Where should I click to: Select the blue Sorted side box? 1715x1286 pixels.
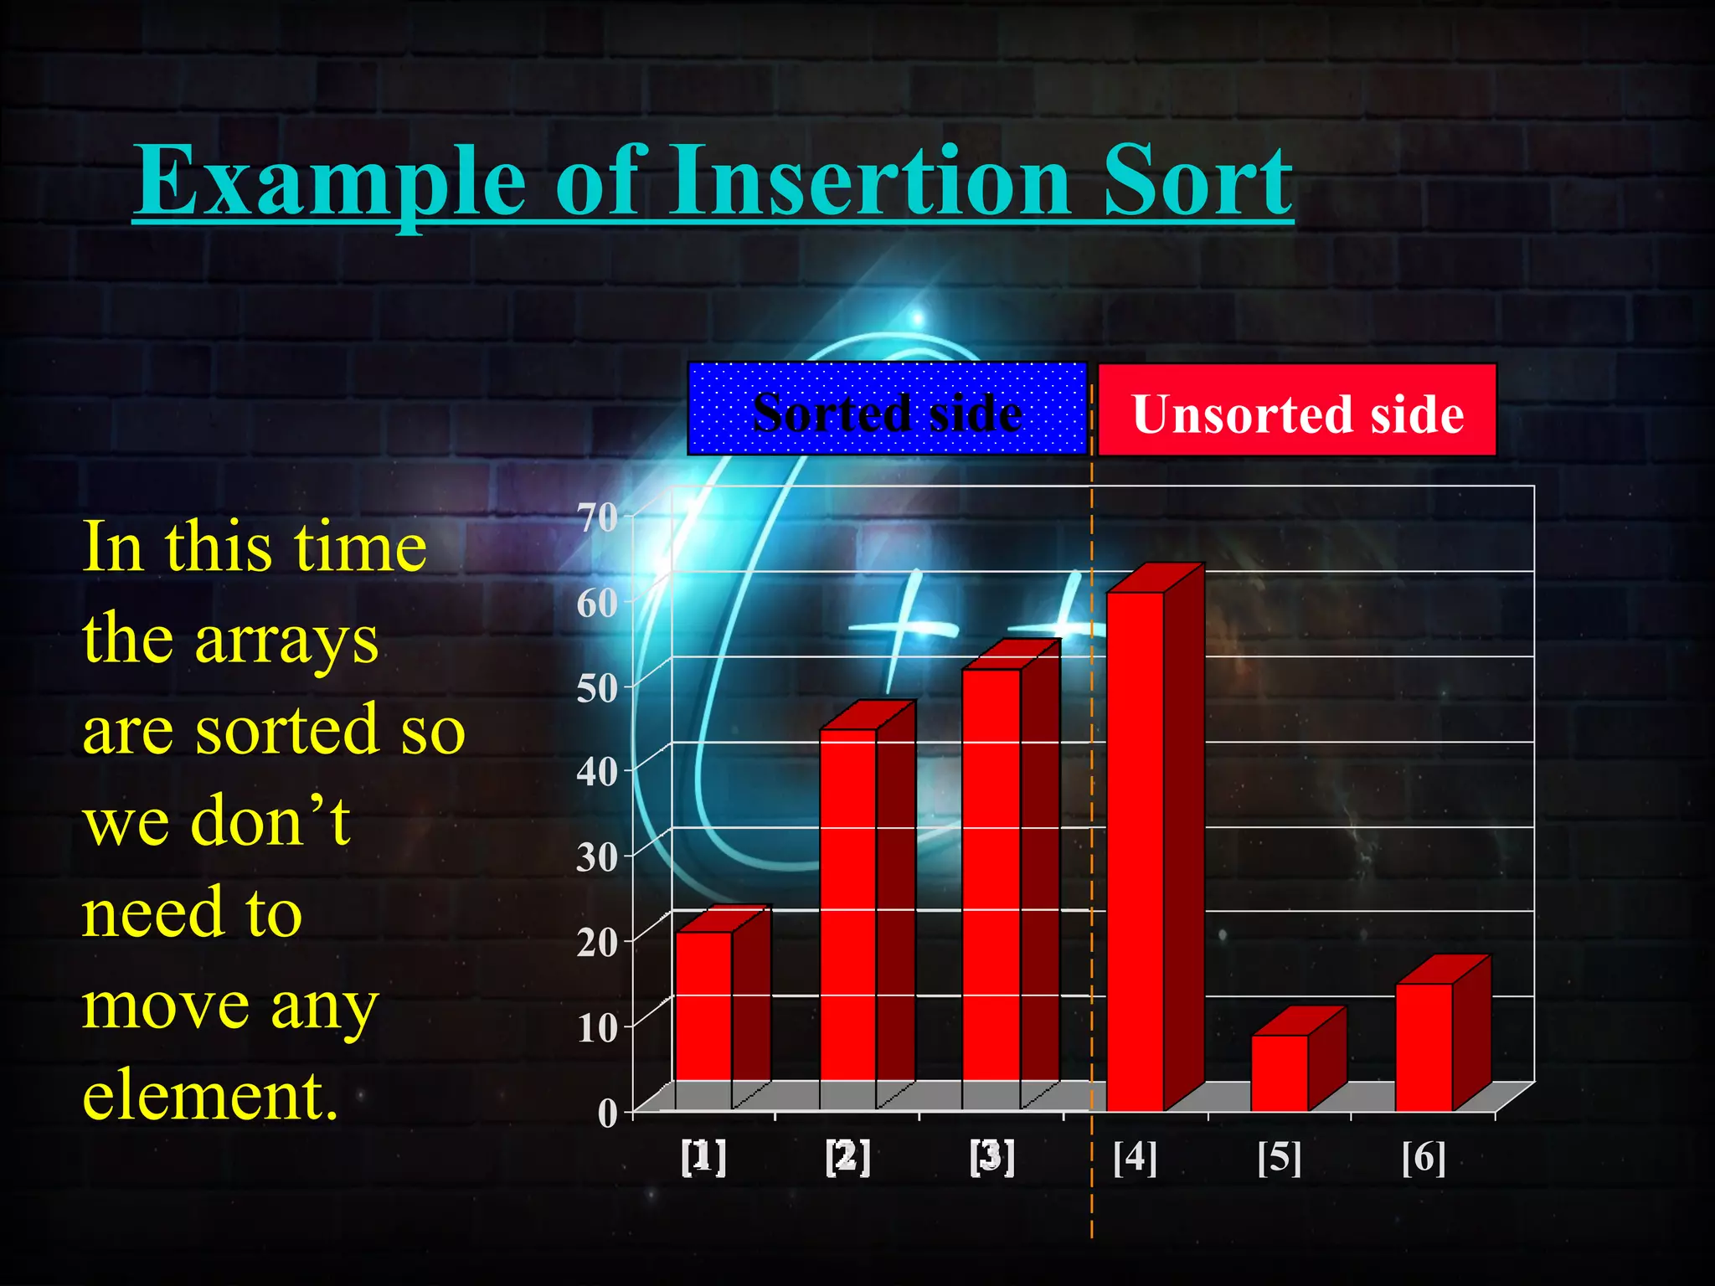tap(887, 409)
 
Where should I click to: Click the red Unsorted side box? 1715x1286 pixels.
tap(1296, 410)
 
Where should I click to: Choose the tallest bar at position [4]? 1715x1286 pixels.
tap(1136, 846)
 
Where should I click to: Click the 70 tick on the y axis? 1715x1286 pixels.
tap(598, 517)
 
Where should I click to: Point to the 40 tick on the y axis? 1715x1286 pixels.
tap(598, 772)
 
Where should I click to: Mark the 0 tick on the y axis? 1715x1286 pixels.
tap(607, 1114)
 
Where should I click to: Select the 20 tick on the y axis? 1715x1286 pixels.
tap(598, 943)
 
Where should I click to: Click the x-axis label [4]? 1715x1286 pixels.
tap(1135, 1158)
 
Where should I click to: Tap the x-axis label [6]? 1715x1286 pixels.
tap(1424, 1158)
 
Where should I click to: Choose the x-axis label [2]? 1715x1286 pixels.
tap(847, 1158)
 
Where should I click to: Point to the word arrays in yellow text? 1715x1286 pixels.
tap(286, 640)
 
